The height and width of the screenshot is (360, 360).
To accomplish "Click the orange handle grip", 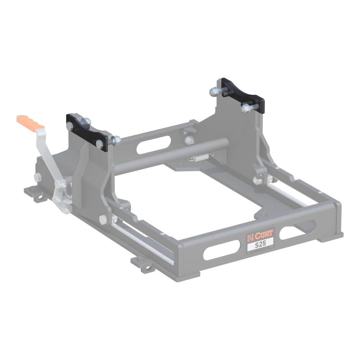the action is coord(30,121).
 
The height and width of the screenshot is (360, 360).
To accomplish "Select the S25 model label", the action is coord(261,244).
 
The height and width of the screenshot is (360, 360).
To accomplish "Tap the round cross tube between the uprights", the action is coord(170,155).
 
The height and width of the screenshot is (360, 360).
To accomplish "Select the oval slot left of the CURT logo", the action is coord(221,251).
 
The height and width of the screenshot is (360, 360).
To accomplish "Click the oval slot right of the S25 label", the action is coord(297,230).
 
